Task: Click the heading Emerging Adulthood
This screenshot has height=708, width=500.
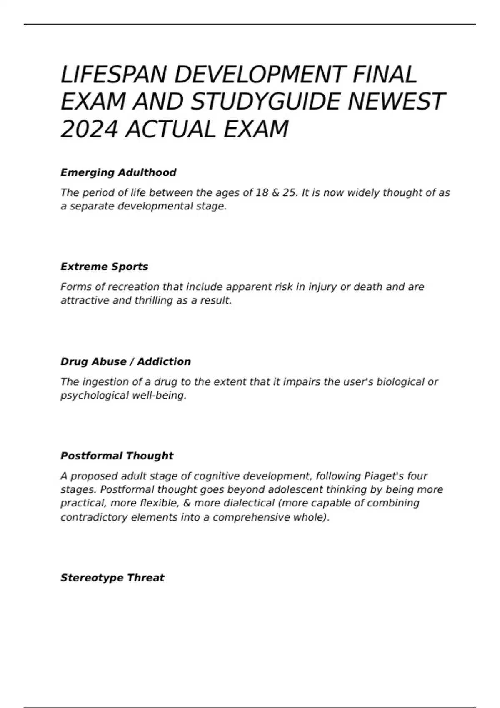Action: click(118, 172)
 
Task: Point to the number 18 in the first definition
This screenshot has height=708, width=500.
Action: click(262, 193)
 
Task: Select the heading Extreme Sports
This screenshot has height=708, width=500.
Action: click(104, 267)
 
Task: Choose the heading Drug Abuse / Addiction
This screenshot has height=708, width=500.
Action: click(125, 361)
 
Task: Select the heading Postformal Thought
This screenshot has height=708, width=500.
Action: click(117, 456)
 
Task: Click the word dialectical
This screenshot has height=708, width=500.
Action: click(249, 503)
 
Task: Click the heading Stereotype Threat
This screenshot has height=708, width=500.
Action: click(112, 578)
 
